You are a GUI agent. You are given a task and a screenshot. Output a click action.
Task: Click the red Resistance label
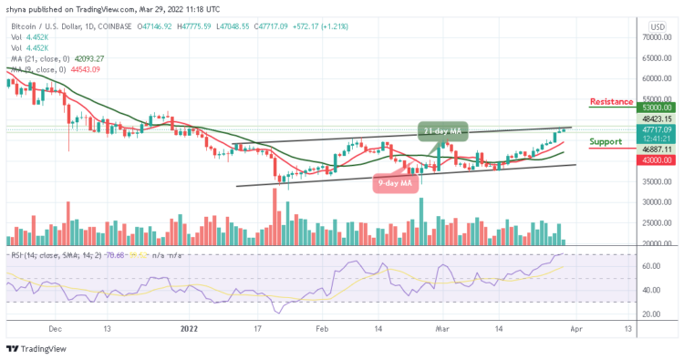tap(611, 100)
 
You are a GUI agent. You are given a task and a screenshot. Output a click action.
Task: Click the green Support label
tap(606, 142)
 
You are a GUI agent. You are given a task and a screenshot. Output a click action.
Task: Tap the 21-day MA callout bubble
tap(444, 131)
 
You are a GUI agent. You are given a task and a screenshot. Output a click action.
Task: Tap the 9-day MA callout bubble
tap(398, 182)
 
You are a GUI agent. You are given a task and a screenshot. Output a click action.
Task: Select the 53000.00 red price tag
tap(654, 107)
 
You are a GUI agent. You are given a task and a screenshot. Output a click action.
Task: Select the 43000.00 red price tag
tap(654, 160)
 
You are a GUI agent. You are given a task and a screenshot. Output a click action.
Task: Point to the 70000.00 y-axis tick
tap(654, 37)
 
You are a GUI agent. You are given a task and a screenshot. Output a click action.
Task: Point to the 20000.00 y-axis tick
tap(654, 243)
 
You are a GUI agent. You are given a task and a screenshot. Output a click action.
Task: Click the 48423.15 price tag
tap(654, 119)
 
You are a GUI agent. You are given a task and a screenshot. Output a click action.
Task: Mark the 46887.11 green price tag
tap(654, 149)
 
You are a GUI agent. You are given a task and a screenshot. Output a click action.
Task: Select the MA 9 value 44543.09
tap(85, 69)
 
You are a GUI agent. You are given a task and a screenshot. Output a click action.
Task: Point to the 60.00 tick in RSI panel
tap(650, 267)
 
